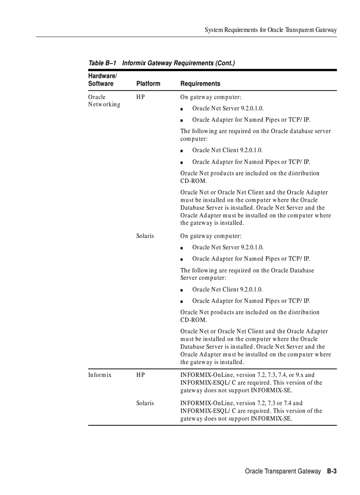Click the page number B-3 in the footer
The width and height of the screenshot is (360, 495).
332,471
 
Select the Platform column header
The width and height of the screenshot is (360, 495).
148,84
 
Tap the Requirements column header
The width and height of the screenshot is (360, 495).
200,84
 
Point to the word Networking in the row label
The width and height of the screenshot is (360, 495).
104,104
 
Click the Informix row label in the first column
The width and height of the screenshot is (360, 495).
99,375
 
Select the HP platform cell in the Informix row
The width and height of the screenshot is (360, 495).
140,375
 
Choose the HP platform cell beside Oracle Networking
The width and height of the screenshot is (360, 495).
140,97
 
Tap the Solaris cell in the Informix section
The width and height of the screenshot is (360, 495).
145,403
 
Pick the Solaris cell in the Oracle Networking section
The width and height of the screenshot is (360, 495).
145,236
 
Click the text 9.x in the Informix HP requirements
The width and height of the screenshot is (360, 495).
299,375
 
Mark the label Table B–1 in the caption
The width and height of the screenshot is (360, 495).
102,63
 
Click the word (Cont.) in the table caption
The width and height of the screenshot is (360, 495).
225,63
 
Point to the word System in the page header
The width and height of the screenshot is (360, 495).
214,30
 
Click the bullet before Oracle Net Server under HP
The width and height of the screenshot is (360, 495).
182,109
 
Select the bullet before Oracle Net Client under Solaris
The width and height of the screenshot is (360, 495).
182,290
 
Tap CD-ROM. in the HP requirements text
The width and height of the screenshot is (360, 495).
194,181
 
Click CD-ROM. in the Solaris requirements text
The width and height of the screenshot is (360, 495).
194,320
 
